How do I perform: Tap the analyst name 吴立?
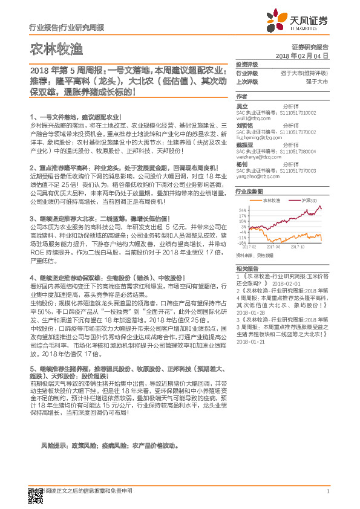[241, 106]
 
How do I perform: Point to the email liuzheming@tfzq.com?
[255, 138]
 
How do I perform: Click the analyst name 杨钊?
[241, 164]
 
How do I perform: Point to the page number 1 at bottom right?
[327, 491]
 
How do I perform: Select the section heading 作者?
[241, 96]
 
